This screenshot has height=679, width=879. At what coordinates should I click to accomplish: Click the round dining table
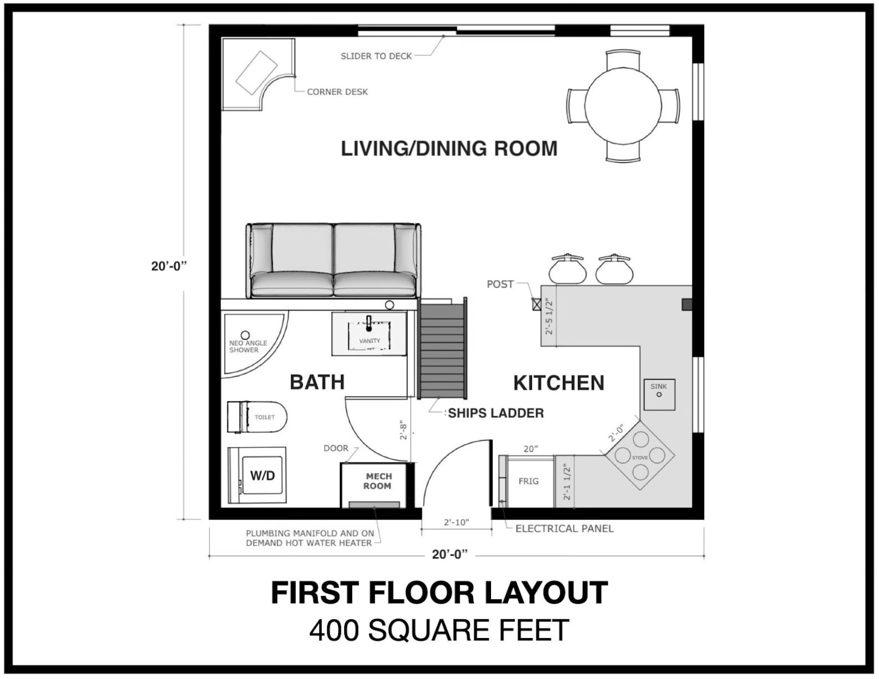pyautogui.click(x=623, y=106)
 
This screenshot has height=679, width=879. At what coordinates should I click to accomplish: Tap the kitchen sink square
pyautogui.click(x=659, y=394)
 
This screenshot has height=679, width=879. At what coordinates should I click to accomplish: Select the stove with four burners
pyautogui.click(x=640, y=456)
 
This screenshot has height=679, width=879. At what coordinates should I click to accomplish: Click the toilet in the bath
pyautogui.click(x=257, y=417)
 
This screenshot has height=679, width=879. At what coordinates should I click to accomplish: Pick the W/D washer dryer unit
pyautogui.click(x=257, y=475)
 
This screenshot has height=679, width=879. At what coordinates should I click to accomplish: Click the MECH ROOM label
pyautogui.click(x=378, y=481)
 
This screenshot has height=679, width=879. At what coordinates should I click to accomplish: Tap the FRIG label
pyautogui.click(x=528, y=481)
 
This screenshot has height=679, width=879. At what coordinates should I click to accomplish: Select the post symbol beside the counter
pyautogui.click(x=536, y=303)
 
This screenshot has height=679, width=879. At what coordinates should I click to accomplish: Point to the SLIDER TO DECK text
pyautogui.click(x=376, y=56)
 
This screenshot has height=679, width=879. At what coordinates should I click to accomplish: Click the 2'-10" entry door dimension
pyautogui.click(x=456, y=522)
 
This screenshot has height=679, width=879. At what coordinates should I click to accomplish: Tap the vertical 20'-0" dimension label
pyautogui.click(x=169, y=266)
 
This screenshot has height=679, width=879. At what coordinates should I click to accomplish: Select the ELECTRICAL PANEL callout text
pyautogui.click(x=564, y=528)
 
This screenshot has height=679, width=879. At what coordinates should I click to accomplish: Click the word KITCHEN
pyautogui.click(x=558, y=383)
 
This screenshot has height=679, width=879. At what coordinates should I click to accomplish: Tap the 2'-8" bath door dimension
pyautogui.click(x=404, y=431)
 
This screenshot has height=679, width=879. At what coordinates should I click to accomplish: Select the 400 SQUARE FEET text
pyautogui.click(x=439, y=630)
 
